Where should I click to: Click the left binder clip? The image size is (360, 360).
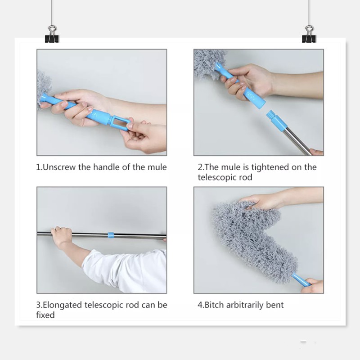point(52,35)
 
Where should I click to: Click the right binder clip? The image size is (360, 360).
point(309,35)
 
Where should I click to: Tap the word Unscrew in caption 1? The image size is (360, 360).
point(59,167)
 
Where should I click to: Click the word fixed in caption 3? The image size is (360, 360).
point(45,315)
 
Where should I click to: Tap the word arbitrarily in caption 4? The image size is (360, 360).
point(245,305)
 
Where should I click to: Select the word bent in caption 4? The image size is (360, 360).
point(275,305)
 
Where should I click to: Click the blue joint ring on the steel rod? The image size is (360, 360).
point(111,235)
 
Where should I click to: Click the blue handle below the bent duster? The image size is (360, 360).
point(301,279)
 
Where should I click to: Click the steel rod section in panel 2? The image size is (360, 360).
point(297,139)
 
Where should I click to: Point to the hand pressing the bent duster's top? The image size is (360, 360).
point(260,202)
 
